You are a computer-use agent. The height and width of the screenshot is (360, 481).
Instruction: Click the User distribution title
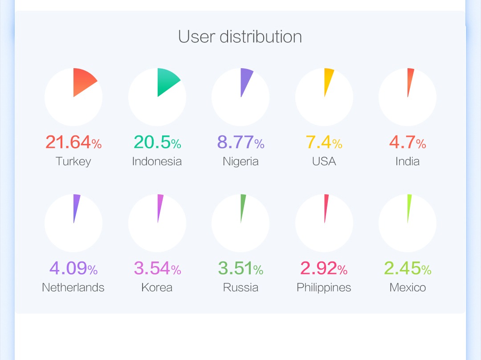coord(240,37)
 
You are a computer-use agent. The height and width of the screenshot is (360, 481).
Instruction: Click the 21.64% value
coord(73,142)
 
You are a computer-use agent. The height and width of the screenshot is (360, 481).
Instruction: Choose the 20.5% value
coord(157,142)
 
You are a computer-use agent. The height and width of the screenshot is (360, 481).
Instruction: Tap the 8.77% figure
coord(240,142)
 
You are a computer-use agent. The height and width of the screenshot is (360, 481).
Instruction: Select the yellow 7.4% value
coord(324,142)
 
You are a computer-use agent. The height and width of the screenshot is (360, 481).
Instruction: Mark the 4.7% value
coord(408,142)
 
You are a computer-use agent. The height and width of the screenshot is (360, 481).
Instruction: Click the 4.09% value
coord(73,268)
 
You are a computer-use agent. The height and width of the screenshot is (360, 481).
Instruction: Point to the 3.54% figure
coord(157,268)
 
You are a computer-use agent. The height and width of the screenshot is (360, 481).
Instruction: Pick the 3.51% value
coord(240,268)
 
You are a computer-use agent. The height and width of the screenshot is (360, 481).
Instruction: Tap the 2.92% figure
coord(324,268)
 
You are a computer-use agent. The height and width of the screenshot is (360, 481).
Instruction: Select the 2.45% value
coord(408,268)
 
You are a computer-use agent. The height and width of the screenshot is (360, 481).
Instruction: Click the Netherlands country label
coord(73,287)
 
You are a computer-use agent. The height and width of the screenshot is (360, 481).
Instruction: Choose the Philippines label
coord(324,288)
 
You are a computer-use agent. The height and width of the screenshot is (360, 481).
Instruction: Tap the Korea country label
coord(157,287)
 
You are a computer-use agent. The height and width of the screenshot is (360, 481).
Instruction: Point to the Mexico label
coord(408,287)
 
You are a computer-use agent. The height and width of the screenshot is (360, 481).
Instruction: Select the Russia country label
coord(240,287)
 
